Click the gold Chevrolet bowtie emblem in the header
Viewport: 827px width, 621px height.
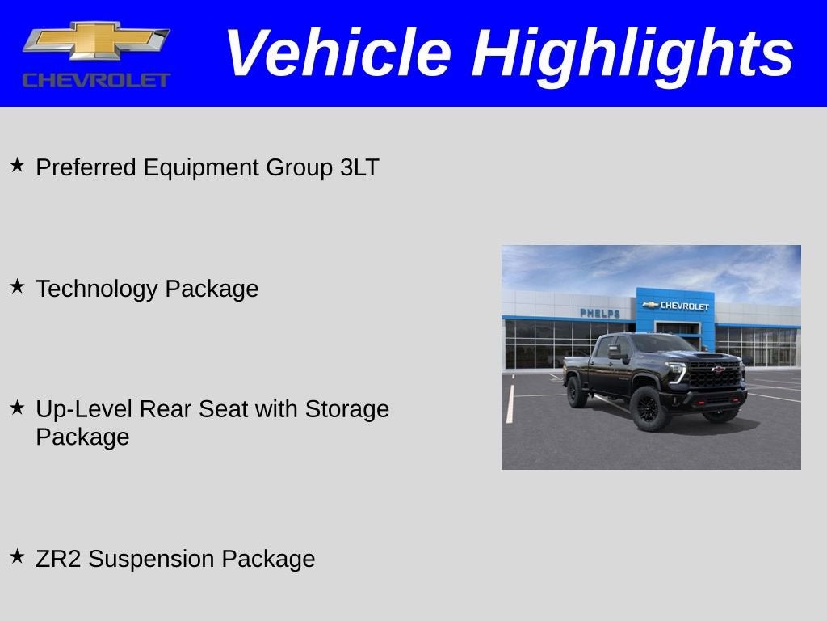pyautogui.click(x=96, y=40)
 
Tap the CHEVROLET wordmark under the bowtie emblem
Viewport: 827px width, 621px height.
pyautogui.click(x=96, y=79)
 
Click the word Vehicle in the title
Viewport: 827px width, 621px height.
pyautogui.click(x=337, y=53)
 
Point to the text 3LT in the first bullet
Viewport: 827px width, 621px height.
pyautogui.click(x=359, y=167)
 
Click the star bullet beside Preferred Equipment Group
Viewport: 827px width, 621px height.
pyautogui.click(x=17, y=166)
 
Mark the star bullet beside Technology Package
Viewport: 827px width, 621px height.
pyautogui.click(x=17, y=286)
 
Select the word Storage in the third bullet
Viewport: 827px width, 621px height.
pyautogui.click(x=346, y=409)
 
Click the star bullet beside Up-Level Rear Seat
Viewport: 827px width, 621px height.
pyautogui.click(x=17, y=408)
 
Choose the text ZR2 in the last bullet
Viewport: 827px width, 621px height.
pyautogui.click(x=58, y=559)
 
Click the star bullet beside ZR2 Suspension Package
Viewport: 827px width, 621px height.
pyautogui.click(x=17, y=556)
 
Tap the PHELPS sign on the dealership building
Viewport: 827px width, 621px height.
pyautogui.click(x=599, y=313)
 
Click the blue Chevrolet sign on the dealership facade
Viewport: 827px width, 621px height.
pyautogui.click(x=675, y=306)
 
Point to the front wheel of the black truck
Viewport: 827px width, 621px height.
pyautogui.click(x=650, y=409)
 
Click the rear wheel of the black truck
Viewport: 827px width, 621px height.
pyautogui.click(x=577, y=392)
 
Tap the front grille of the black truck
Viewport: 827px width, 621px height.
pyautogui.click(x=714, y=374)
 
